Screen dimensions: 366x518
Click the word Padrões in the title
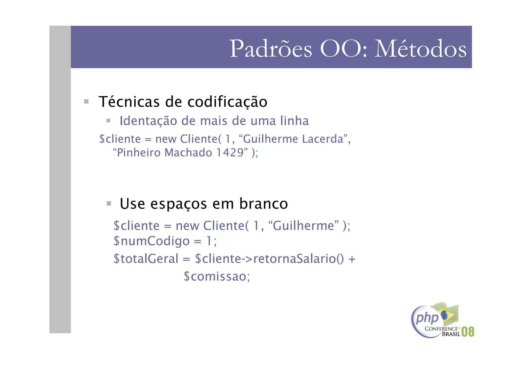click(271, 49)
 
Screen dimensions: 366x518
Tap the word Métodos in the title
click(420, 49)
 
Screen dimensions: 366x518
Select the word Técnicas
click(129, 102)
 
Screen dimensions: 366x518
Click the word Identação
click(148, 121)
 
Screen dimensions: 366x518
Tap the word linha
click(294, 121)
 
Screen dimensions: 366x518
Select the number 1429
click(230, 153)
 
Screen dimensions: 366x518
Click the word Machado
click(188, 153)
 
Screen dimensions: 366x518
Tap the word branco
click(264, 204)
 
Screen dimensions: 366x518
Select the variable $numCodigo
click(151, 241)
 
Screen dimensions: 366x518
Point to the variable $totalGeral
click(146, 259)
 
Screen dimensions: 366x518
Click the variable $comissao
click(217, 276)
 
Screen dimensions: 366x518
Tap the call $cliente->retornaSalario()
click(269, 259)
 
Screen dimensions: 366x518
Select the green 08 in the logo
click(468, 332)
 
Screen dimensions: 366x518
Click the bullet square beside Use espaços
click(109, 203)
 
